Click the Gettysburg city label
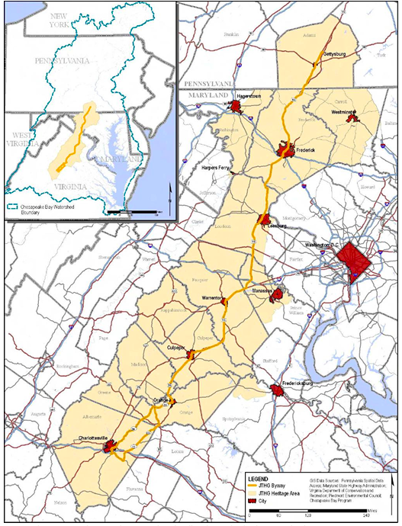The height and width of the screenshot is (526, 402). coord(334,56)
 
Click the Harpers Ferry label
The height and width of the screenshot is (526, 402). coord(216,167)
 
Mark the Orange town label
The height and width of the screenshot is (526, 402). coord(161,399)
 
